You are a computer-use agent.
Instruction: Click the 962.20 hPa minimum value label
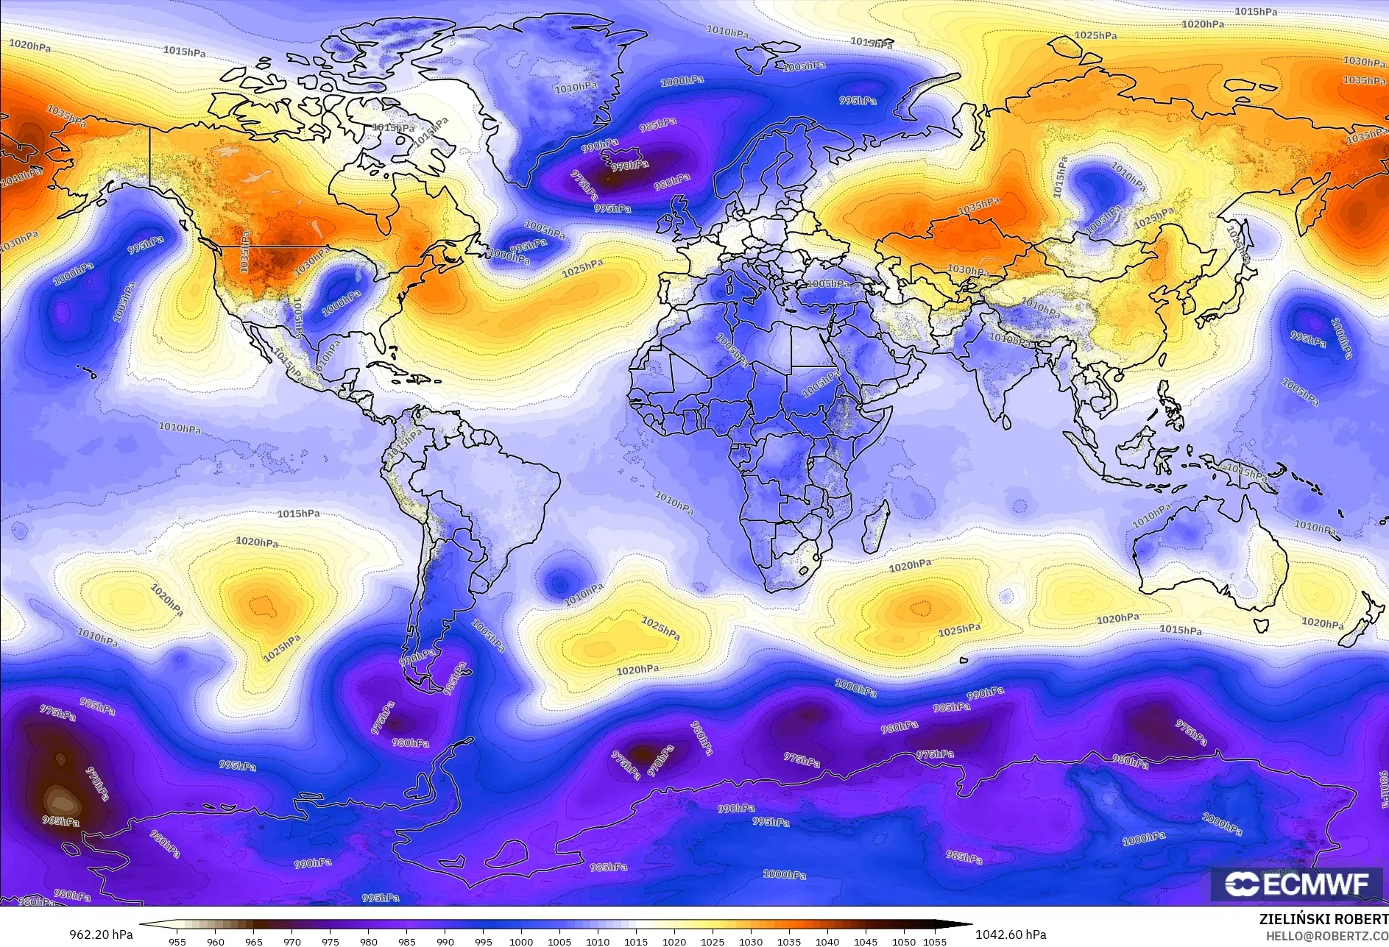coord(101,934)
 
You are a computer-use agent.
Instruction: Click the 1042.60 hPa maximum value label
coord(1010,934)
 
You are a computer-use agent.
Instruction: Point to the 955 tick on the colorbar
coord(177,942)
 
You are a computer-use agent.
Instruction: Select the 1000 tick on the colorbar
coord(521,942)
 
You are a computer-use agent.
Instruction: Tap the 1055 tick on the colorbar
coord(935,942)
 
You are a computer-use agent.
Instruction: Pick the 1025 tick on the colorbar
coord(712,942)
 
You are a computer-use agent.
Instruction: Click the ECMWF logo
coord(1298,884)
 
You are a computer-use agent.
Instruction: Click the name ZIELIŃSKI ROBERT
coord(1323,920)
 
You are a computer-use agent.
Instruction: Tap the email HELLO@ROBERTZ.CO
coord(1327,935)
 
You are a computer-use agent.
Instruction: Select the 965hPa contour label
coord(60,821)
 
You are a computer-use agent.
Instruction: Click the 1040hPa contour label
coord(21,177)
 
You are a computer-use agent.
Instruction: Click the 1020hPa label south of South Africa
coord(910,566)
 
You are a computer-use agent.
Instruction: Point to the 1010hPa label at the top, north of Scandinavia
coord(727,32)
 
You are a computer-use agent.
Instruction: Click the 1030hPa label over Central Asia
coord(968,270)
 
